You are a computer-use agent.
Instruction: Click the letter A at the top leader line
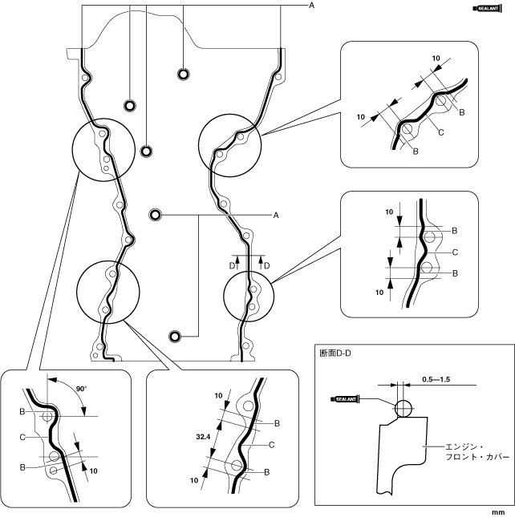tap(310, 6)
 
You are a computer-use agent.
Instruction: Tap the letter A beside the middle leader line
tap(275, 215)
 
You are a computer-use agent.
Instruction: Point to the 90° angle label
tap(80, 389)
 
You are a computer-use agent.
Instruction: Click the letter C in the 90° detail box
tap(24, 437)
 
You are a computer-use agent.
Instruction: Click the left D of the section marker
tap(232, 265)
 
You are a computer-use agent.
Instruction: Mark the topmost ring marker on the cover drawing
tap(184, 75)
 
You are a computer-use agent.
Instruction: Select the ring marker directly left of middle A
tap(156, 215)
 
